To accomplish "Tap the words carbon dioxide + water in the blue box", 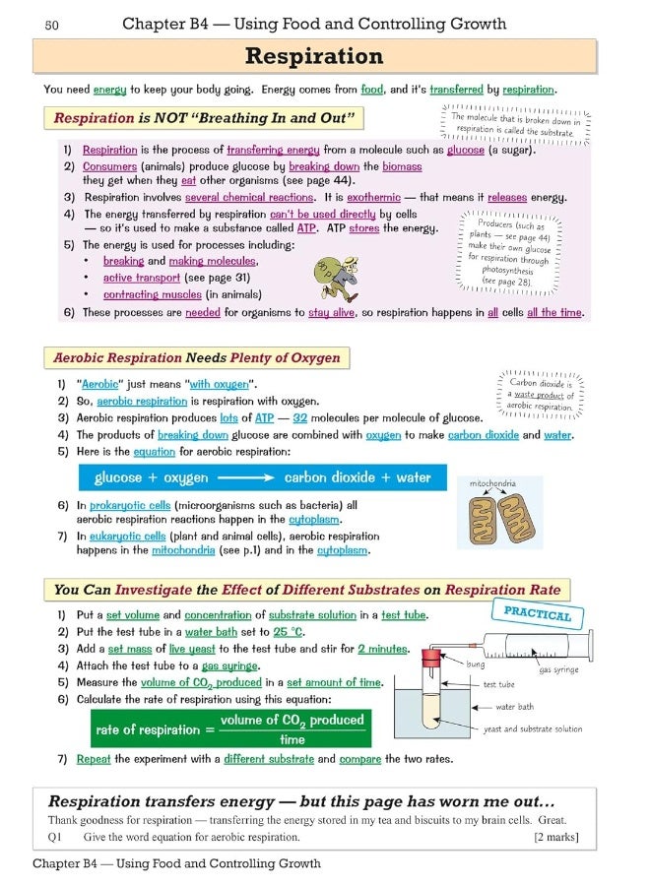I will [357, 477].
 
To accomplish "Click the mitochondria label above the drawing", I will [492, 483].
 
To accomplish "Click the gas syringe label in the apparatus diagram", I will [558, 670].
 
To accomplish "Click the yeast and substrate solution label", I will [533, 729].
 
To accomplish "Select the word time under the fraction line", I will [292, 739].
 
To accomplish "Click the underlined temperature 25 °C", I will [288, 632].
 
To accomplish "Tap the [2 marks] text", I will [556, 838].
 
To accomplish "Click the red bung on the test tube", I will [429, 656].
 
